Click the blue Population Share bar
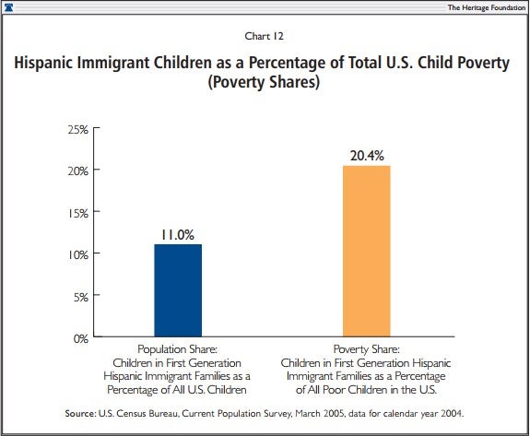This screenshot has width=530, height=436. coord(178,289)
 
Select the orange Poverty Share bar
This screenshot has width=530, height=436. coord(366,251)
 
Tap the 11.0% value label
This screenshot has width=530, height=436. coord(178,235)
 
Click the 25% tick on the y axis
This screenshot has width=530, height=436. coord(77,129)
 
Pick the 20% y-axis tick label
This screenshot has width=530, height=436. coord(77,171)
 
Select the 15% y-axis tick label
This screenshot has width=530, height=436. coord(77,212)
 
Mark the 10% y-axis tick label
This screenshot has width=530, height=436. coord(77,254)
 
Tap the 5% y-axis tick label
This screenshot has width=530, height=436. coord(80,296)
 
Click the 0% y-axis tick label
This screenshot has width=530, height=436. coord(80,337)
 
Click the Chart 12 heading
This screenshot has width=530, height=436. coord(265,38)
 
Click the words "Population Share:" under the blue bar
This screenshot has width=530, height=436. coord(178,350)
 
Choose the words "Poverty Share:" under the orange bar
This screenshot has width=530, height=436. coord(366,350)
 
